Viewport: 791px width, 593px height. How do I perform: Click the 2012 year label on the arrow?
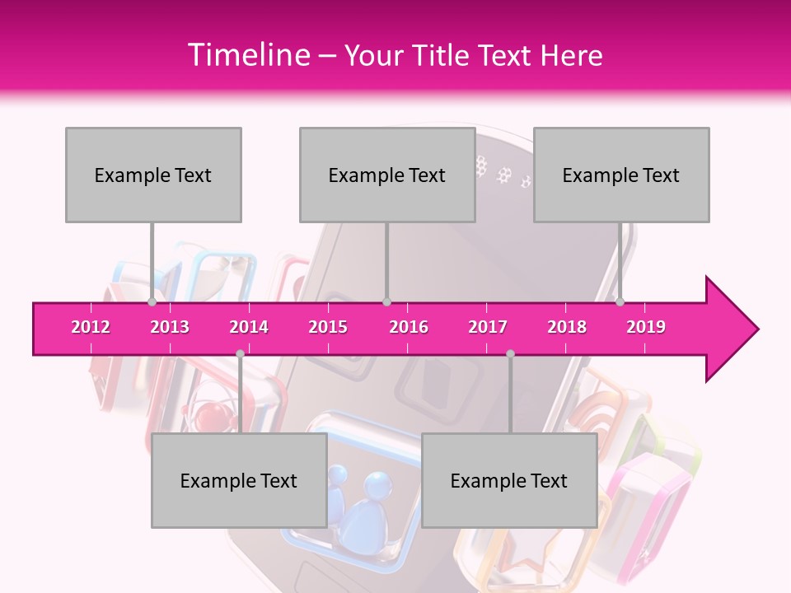(x=91, y=327)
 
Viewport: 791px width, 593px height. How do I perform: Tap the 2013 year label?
(x=170, y=327)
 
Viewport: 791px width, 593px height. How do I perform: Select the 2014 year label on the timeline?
(x=249, y=327)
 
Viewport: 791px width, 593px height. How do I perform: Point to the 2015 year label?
(x=328, y=327)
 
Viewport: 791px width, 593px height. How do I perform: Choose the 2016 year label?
(x=409, y=327)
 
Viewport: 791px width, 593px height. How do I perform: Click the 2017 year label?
(x=488, y=327)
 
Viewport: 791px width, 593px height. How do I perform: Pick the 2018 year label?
(x=567, y=327)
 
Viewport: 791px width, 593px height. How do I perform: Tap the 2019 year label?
(x=646, y=327)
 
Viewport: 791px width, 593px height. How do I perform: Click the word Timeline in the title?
(x=247, y=55)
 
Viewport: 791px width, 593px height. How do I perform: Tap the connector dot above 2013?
(x=152, y=301)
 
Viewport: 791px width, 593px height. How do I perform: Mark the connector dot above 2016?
(x=387, y=301)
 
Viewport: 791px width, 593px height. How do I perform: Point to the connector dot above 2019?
(x=620, y=301)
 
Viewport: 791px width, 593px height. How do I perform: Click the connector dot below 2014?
(x=240, y=354)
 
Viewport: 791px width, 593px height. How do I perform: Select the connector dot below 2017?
(x=510, y=354)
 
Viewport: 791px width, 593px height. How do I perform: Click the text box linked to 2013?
(x=153, y=175)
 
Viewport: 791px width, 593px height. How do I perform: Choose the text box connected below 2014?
(x=239, y=480)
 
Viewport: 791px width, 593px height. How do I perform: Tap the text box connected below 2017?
(x=509, y=480)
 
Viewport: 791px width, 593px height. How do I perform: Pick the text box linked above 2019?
(x=621, y=175)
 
